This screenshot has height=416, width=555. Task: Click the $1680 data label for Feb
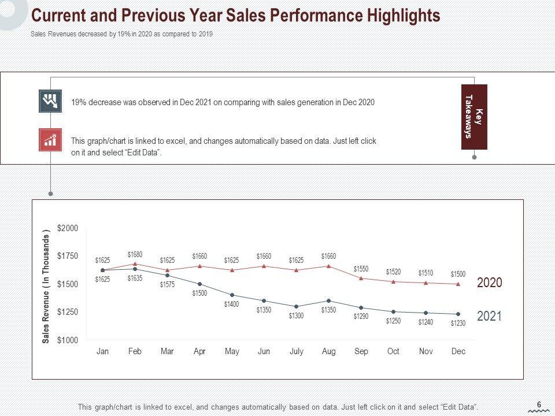[x=135, y=254]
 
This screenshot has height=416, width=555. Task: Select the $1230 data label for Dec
[x=458, y=324]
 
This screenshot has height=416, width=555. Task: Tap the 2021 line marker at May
[x=232, y=295]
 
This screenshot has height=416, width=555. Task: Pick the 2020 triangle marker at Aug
[x=328, y=266]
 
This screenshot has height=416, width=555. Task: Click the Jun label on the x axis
[x=264, y=351]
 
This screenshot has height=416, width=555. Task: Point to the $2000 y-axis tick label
[x=67, y=229]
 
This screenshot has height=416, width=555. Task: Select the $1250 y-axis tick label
[x=67, y=312]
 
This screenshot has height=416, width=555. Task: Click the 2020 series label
[x=489, y=283]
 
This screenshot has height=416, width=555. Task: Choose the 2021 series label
[x=489, y=316]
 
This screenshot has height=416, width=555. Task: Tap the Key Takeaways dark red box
[x=474, y=117]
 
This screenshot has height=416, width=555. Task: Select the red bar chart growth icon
[x=50, y=139]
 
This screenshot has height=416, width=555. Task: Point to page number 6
[x=539, y=404]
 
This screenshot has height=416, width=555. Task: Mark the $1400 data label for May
[x=231, y=304]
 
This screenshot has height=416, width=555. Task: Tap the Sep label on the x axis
[x=361, y=351]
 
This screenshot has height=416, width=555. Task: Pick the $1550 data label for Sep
[x=361, y=269]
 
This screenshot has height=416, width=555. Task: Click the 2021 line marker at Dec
[x=458, y=314]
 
